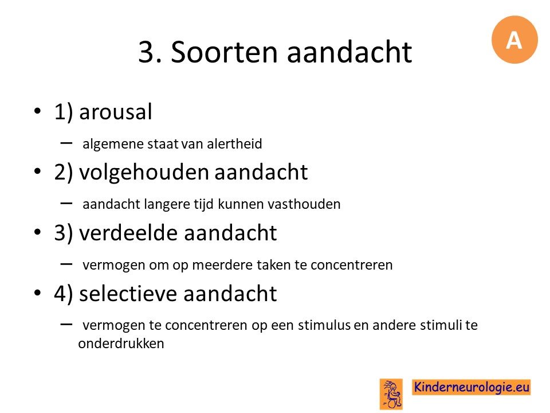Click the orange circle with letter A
point(514,40)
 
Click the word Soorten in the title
point(224,52)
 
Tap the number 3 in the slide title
point(147,52)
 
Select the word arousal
point(115,112)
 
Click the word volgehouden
point(144,173)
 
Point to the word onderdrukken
point(121,344)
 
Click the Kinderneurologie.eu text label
point(471,387)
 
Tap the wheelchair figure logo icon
point(391,394)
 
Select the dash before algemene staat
point(66,143)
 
